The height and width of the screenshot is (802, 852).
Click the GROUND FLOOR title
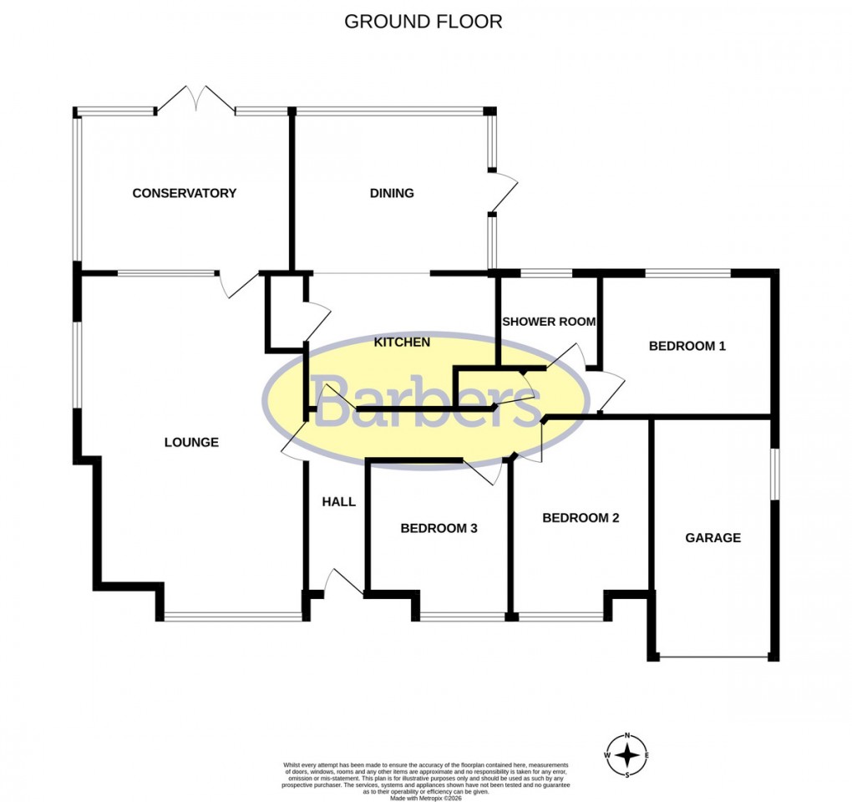423,22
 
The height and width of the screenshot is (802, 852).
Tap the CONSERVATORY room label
185,193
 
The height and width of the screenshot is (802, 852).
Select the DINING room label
392,193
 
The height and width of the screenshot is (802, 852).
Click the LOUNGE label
191,442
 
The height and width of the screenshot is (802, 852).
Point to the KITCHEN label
402,342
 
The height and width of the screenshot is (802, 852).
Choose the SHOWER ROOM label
549,322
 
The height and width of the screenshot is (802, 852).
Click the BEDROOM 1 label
687,346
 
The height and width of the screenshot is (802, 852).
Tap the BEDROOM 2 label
581,518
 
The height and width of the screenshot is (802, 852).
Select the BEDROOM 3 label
439,528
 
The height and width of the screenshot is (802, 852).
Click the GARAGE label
713,538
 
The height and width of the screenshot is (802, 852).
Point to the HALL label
339,502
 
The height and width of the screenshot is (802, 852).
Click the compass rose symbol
627,756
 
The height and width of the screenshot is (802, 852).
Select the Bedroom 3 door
484,472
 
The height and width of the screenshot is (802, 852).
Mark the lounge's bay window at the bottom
233,617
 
